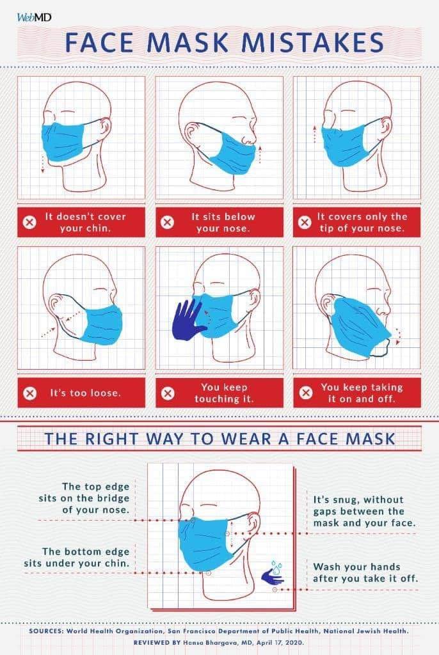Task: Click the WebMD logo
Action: coord(34,18)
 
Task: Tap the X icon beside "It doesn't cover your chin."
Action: coord(29,222)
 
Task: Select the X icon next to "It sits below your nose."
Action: coord(167,222)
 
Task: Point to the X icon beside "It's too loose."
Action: coord(30,393)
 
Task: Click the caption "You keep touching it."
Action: coord(224,393)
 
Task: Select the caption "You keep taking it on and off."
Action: coord(362,393)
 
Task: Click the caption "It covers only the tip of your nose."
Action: coord(362,222)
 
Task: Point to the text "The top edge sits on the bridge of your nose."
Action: coord(84,498)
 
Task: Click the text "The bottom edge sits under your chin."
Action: coord(77,557)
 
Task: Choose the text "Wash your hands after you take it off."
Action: coord(365,572)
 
